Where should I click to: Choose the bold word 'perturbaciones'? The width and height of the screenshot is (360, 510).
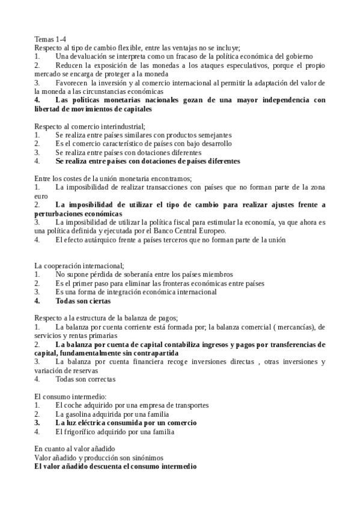[x=63, y=214]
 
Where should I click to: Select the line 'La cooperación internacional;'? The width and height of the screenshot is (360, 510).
[x=79, y=266]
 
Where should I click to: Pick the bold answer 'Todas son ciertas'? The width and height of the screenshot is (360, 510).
[x=83, y=301]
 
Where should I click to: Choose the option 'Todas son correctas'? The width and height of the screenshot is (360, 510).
[x=85, y=379]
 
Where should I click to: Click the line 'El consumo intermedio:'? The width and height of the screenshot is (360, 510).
[x=70, y=397]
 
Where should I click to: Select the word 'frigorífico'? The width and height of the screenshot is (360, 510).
[x=82, y=432]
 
